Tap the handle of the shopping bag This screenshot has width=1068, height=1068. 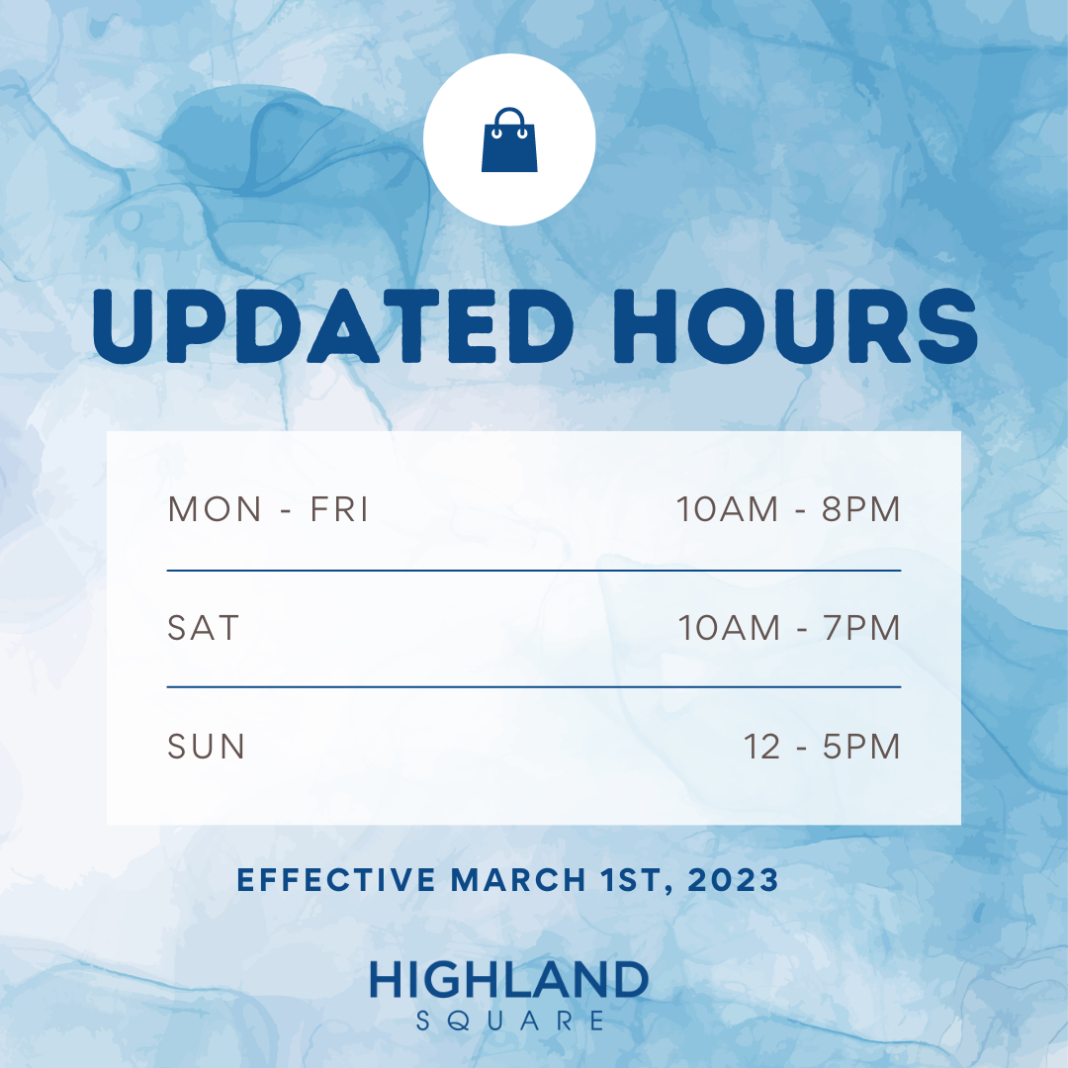(x=509, y=111)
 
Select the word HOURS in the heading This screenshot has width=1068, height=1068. (x=795, y=326)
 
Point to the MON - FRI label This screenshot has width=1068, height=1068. (x=268, y=509)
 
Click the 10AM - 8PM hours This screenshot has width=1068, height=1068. (x=789, y=509)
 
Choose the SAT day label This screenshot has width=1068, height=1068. (x=203, y=627)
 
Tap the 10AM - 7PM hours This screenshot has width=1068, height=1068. (x=789, y=627)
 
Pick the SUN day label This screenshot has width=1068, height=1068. (x=206, y=747)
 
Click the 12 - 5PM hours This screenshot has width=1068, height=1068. (x=822, y=747)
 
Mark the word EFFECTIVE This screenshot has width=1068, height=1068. (x=336, y=880)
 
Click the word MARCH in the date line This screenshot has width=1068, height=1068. (x=518, y=880)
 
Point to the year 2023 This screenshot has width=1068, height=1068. (x=733, y=880)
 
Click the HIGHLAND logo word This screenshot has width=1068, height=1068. (x=509, y=979)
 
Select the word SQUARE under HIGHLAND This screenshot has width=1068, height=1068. (x=509, y=1021)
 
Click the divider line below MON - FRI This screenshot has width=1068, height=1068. (x=534, y=571)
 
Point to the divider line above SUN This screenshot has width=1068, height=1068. (x=534, y=687)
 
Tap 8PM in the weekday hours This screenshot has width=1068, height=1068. (x=861, y=509)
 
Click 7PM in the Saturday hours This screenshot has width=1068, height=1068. (x=861, y=627)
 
